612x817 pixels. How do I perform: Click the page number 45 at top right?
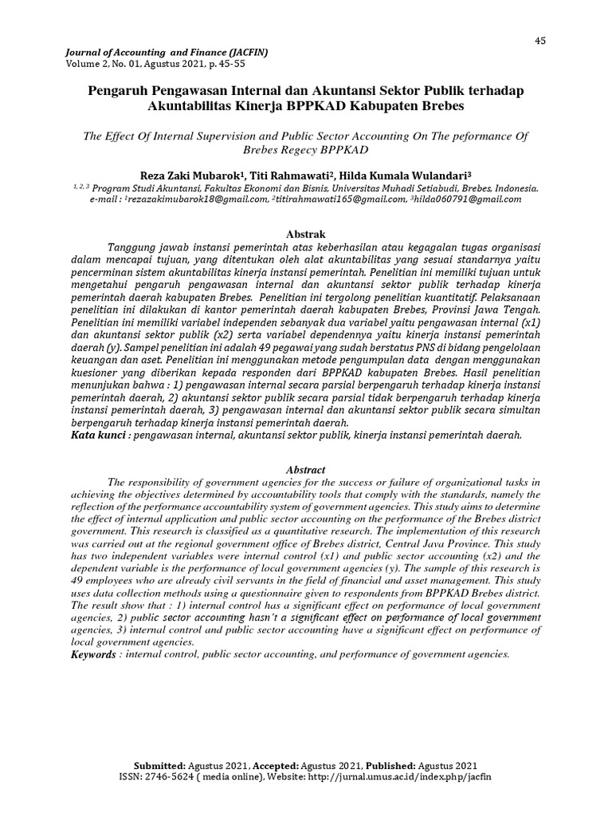pos(539,41)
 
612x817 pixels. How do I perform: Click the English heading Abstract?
pos(305,471)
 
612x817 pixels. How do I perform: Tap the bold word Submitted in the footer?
pos(161,764)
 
